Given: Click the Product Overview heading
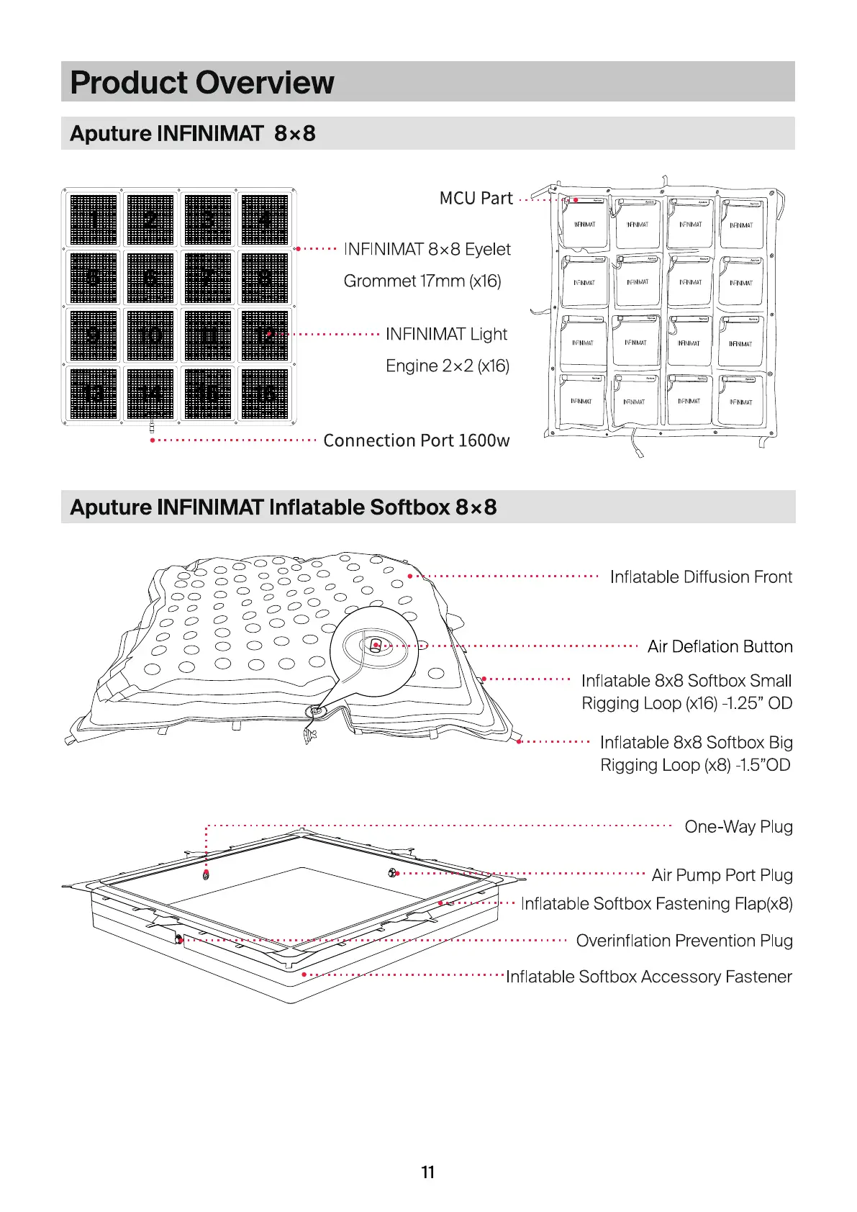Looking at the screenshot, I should (x=202, y=82).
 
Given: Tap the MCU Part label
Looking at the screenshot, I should (x=476, y=198).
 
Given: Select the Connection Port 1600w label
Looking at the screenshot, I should (x=416, y=440).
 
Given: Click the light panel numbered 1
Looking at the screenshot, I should (x=94, y=220).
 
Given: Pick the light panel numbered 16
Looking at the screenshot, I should (x=265, y=393).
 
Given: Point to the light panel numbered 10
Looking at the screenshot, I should (x=150, y=335).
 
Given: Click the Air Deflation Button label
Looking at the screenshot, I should (x=720, y=646).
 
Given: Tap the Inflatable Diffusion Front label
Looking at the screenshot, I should (x=701, y=576).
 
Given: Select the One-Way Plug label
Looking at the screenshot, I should (x=738, y=826).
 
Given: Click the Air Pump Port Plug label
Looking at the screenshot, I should (x=722, y=874).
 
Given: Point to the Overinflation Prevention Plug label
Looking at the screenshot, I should (x=684, y=940).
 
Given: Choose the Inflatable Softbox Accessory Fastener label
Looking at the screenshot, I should (x=648, y=977).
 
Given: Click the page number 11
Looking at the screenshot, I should (x=428, y=1172).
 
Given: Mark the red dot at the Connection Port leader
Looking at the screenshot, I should (x=153, y=440).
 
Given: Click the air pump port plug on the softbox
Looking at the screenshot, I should (x=394, y=873).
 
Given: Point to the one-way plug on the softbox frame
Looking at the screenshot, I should (x=207, y=875).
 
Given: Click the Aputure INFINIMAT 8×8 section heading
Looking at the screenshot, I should (x=193, y=133).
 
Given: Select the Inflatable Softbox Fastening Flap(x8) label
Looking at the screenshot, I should (x=656, y=903).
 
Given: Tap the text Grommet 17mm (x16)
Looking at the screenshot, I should (x=422, y=281).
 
